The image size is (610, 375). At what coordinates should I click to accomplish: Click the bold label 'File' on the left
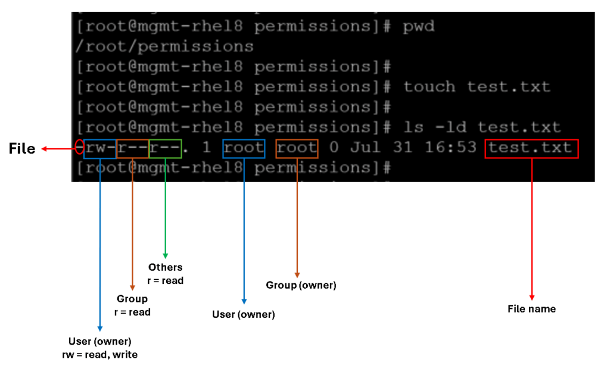[22, 149]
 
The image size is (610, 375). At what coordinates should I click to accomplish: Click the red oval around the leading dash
[79, 148]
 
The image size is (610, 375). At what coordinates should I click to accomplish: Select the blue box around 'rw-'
[99, 148]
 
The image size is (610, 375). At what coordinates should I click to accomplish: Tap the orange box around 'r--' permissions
[132, 148]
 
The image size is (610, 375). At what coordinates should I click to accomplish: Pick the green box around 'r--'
[165, 148]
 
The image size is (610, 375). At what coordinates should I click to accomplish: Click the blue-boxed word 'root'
[244, 148]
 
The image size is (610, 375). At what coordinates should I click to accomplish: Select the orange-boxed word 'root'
[297, 148]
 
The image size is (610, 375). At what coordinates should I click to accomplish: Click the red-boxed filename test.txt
[531, 148]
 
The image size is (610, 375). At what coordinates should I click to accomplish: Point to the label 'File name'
[531, 309]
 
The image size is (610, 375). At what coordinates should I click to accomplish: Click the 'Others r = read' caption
[165, 274]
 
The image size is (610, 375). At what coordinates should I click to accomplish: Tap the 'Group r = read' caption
[132, 305]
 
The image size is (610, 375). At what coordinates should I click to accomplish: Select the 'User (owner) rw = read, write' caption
[99, 348]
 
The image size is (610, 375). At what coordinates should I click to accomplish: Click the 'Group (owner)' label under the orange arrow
[301, 285]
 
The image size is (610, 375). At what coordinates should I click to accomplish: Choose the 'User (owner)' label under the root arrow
[244, 314]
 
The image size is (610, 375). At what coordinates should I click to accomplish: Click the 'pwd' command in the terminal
[419, 26]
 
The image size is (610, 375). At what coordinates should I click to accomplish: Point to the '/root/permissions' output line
[164, 46]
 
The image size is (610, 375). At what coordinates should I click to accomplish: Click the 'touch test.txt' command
[477, 87]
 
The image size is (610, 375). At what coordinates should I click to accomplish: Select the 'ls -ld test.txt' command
[481, 127]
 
